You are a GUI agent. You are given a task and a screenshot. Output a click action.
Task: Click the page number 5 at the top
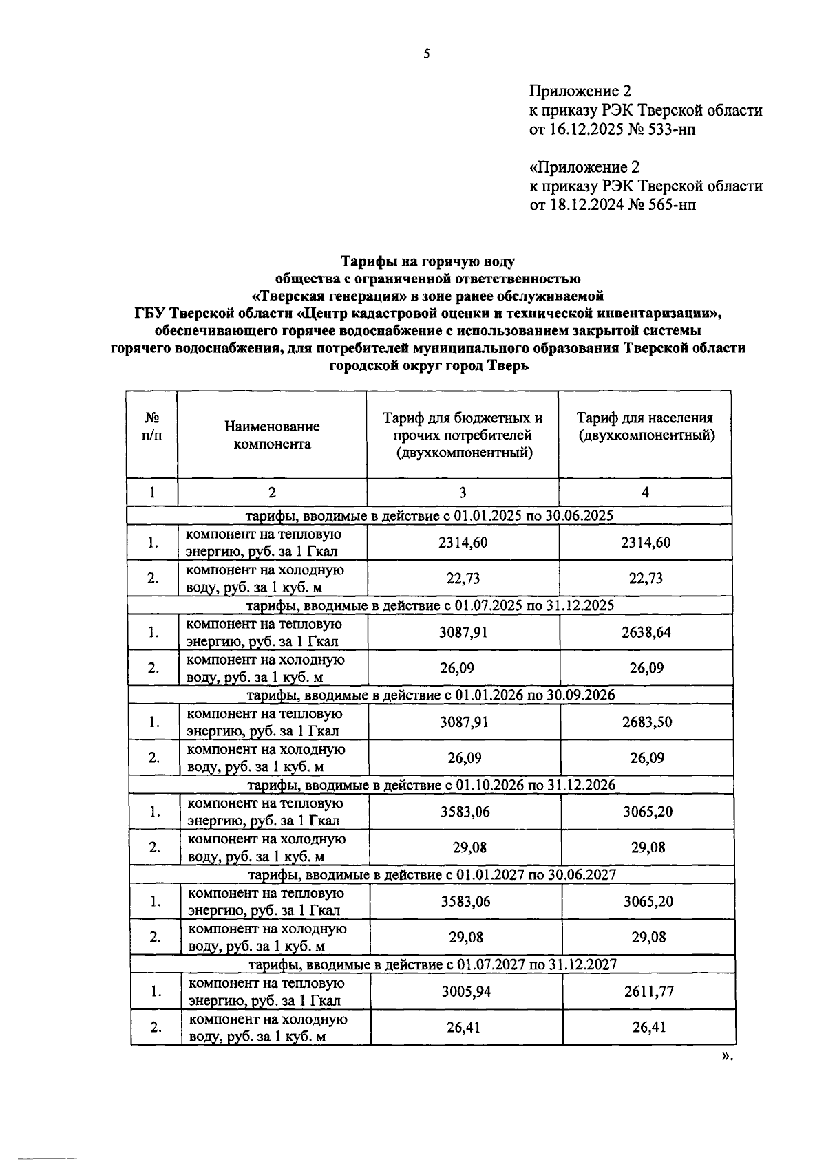[426, 54]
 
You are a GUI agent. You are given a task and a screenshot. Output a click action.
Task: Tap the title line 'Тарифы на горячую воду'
[427, 262]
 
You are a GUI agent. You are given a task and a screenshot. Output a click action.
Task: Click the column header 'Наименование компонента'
[272, 435]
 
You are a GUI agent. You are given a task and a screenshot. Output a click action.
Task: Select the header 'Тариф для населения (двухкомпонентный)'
[645, 427]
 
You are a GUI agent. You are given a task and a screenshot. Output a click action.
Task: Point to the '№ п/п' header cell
[151, 427]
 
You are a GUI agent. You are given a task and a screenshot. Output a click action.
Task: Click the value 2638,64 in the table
[646, 632]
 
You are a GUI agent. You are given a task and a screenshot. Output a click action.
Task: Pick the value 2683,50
[646, 722]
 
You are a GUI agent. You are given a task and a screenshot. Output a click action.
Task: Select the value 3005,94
[466, 991]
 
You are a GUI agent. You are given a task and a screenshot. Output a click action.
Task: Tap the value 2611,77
[648, 991]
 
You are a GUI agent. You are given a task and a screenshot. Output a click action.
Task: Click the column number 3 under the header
[462, 493]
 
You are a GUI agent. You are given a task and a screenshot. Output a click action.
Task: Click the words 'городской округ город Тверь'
[428, 366]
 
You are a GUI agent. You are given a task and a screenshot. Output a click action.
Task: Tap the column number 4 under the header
[645, 493]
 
